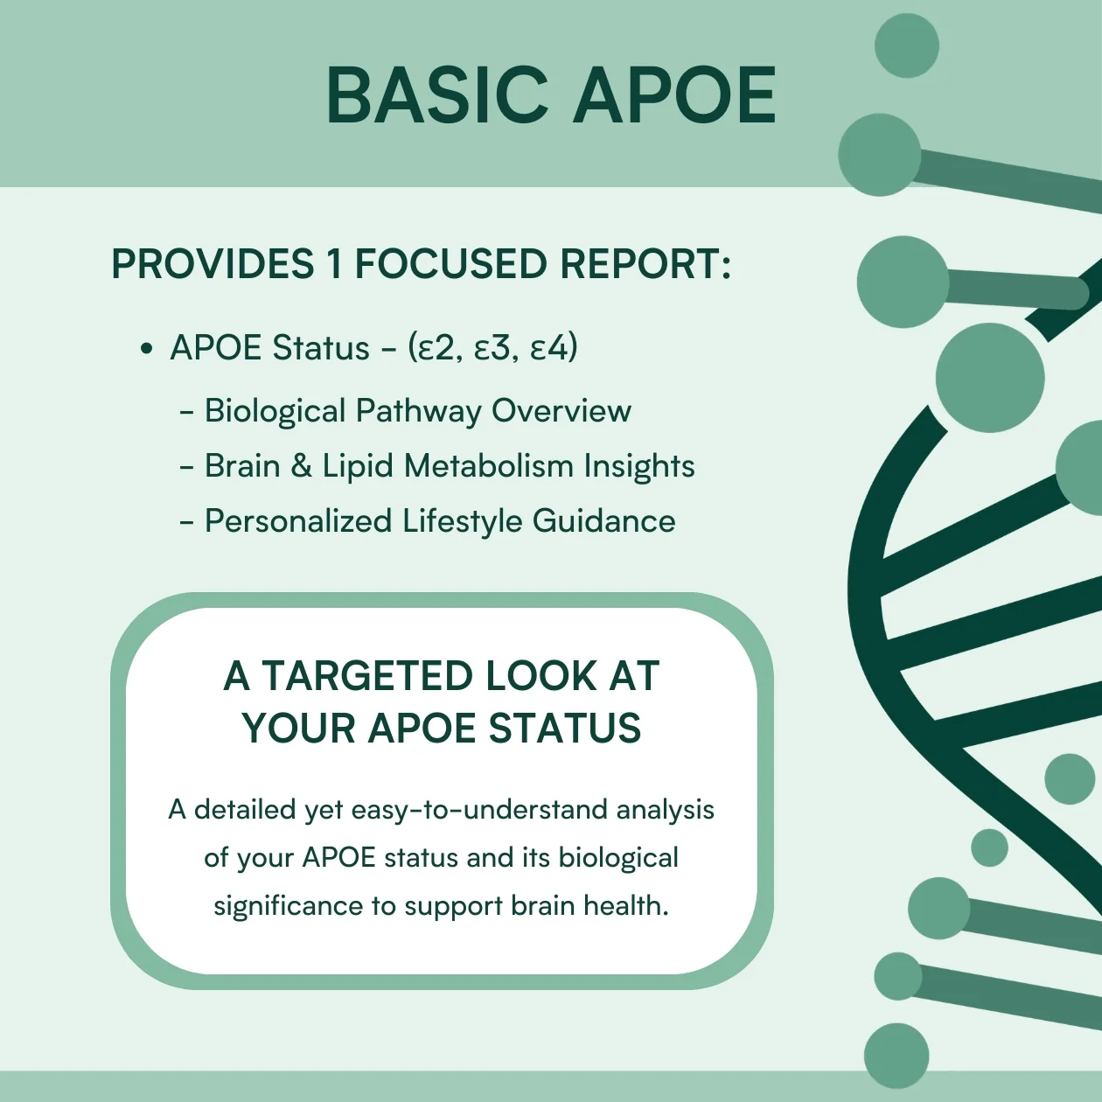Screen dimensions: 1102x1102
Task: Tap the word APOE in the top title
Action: point(675,94)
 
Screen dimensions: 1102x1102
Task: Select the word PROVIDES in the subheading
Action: point(213,264)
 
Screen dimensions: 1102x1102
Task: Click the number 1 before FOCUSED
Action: point(335,264)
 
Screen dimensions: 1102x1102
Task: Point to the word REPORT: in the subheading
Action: point(645,264)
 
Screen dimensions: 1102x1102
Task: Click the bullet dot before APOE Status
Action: point(147,348)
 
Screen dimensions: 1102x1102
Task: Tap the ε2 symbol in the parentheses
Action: point(435,348)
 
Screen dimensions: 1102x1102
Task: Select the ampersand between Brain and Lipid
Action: point(302,465)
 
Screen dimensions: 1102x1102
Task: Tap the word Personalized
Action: point(298,521)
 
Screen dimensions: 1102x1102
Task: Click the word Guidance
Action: point(603,521)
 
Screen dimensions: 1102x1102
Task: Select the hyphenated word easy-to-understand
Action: point(479,811)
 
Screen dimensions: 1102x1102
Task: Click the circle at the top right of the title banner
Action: point(907,45)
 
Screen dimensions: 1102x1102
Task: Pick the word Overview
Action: point(561,410)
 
